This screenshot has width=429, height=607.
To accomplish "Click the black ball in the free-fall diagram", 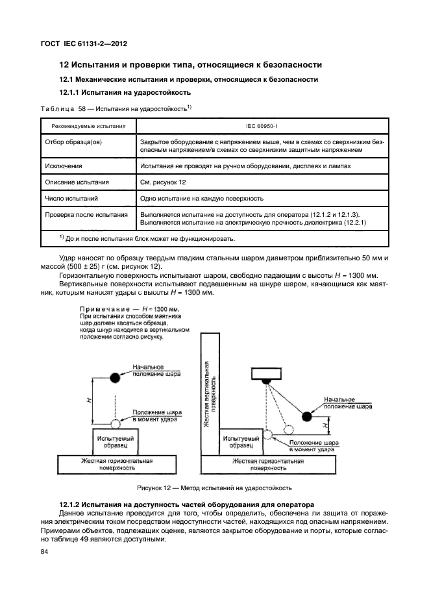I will [x=115, y=377].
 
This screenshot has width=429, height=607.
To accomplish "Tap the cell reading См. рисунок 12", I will [x=161, y=182].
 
